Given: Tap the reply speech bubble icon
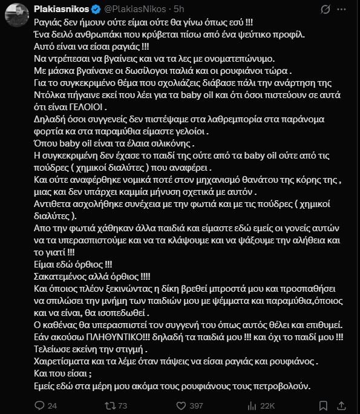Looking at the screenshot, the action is coord(36,405).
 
